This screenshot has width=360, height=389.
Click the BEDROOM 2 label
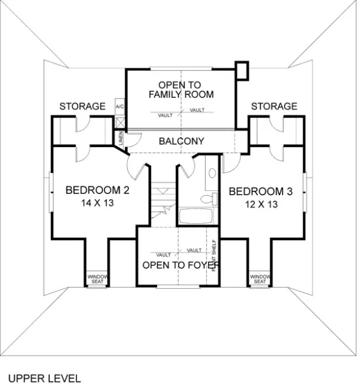click(x=97, y=190)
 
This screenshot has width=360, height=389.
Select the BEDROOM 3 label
click(x=260, y=192)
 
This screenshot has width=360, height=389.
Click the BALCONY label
click(x=181, y=141)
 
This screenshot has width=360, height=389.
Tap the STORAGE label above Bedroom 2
click(x=82, y=107)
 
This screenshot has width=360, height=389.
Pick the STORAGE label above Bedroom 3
click(x=274, y=107)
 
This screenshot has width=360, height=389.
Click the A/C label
click(x=120, y=107)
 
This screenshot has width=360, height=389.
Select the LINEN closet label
click(x=121, y=139)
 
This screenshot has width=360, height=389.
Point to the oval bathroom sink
click(x=212, y=173)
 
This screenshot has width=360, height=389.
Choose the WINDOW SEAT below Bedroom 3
click(x=260, y=279)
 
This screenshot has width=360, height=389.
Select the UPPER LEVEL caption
click(x=44, y=378)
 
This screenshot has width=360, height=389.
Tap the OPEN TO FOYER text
click(x=181, y=265)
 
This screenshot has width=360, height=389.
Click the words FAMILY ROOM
click(x=181, y=94)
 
